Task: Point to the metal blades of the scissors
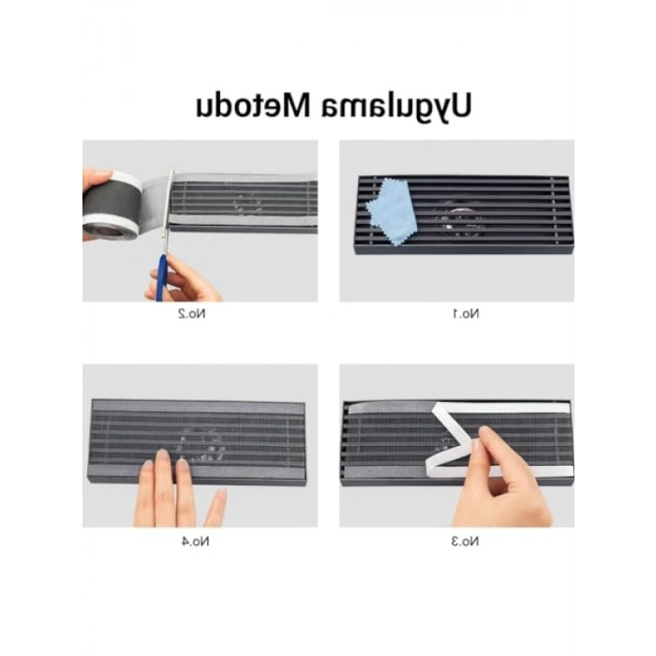169,201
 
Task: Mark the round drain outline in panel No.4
201,445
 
